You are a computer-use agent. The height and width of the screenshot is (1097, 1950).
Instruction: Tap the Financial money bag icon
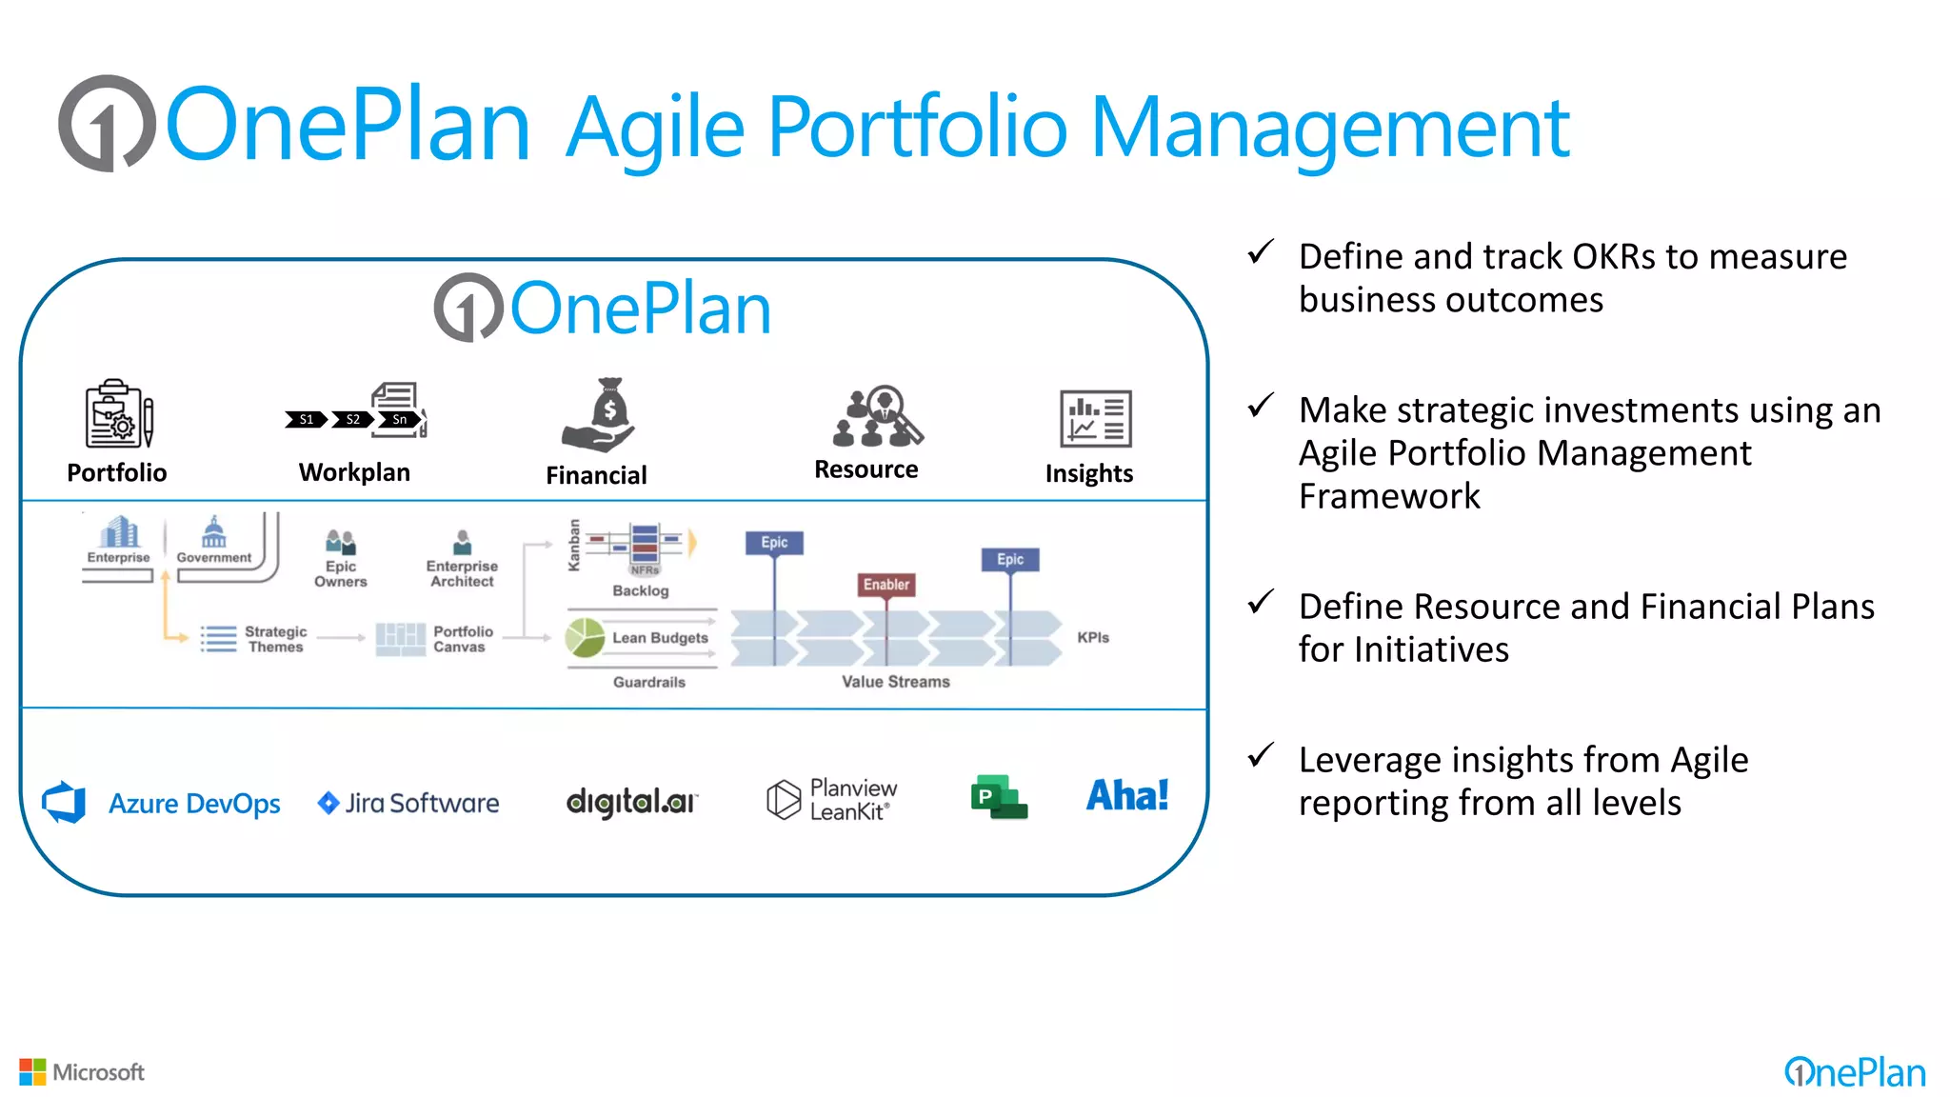[601, 415]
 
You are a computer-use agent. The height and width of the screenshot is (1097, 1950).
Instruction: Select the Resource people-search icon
[877, 416]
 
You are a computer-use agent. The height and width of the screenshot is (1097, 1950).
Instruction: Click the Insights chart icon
[1095, 418]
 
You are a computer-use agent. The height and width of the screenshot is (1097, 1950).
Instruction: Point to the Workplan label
[354, 472]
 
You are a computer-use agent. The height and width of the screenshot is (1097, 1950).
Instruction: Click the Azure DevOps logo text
[194, 804]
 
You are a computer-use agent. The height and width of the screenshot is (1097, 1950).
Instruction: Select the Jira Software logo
[408, 803]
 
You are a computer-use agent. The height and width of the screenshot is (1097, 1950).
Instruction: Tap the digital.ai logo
[631, 802]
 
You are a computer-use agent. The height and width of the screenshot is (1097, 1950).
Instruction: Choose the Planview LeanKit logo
[832, 799]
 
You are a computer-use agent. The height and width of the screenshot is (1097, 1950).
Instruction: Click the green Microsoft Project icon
[998, 797]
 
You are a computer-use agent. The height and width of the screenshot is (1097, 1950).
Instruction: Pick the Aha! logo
[1127, 795]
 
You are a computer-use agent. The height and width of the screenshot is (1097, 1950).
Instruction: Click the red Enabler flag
[886, 585]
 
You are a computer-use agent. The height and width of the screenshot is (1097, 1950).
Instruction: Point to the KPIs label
[1093, 637]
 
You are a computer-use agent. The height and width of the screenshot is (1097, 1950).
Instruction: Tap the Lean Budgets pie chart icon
[585, 637]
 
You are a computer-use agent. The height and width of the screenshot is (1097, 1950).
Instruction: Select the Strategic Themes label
[275, 639]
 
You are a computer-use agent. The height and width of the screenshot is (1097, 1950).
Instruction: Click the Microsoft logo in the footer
[82, 1072]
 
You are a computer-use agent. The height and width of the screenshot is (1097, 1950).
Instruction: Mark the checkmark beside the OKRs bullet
[1261, 252]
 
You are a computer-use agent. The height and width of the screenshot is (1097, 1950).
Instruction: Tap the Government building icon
[214, 532]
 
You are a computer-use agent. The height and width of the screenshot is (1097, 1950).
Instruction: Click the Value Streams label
[895, 682]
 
